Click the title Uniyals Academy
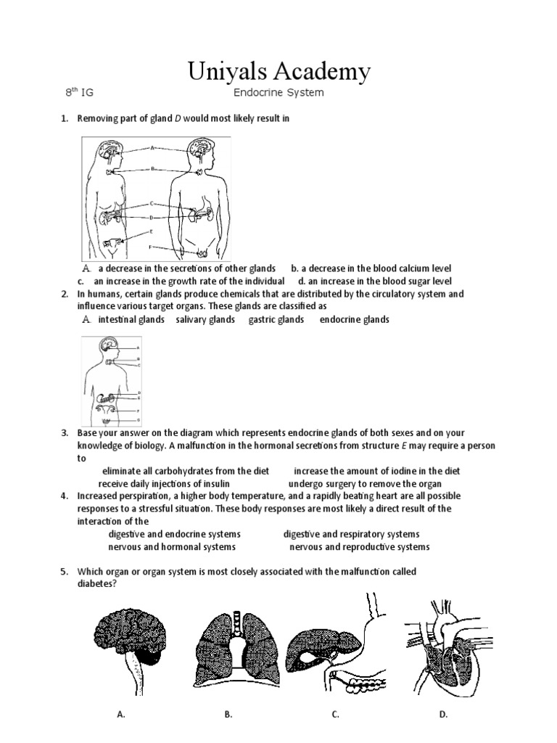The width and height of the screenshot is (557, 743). click(x=278, y=72)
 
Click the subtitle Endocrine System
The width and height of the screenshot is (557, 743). click(x=278, y=93)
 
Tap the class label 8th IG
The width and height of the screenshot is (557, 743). click(x=79, y=93)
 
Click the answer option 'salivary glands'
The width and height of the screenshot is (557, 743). click(x=205, y=320)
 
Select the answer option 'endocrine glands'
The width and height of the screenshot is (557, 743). click(x=355, y=320)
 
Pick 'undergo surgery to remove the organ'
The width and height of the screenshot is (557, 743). click(x=365, y=484)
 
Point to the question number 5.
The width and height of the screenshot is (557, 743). click(x=65, y=572)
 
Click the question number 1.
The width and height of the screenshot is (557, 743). click(x=65, y=118)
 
